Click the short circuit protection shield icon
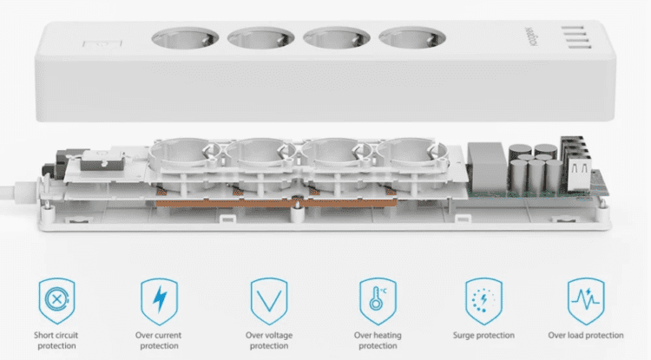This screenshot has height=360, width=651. point(57,301)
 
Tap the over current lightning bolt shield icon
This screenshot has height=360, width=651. point(159,301)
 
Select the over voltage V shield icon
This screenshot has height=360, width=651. point(269,301)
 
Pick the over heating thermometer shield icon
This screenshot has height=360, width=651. point(378,301)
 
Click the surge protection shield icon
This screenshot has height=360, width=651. point(483,301)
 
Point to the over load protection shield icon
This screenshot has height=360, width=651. point(586,301)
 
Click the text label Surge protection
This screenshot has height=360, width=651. point(483,335)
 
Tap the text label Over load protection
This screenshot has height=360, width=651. point(586,335)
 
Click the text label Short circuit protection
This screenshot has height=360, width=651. point(56,340)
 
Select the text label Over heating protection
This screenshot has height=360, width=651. point(378,340)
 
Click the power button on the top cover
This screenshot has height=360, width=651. point(102,45)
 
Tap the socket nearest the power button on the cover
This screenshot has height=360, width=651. point(185,38)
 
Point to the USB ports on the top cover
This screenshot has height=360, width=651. point(575,37)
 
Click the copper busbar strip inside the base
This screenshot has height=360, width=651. point(276,203)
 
